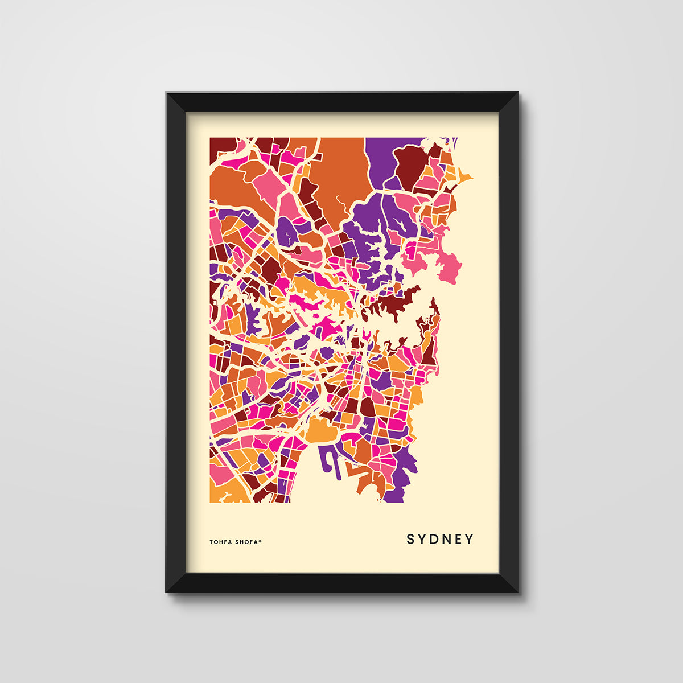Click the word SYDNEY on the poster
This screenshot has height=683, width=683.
tap(439, 539)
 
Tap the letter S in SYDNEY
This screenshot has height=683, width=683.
tap(410, 539)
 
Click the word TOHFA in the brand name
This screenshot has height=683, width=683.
tap(220, 542)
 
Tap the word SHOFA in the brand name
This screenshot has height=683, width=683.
tap(246, 542)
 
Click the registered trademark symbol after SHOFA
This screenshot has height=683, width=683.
tap(261, 541)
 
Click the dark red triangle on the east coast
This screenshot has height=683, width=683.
tap(429, 353)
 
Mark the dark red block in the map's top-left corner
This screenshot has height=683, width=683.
tap(222, 147)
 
